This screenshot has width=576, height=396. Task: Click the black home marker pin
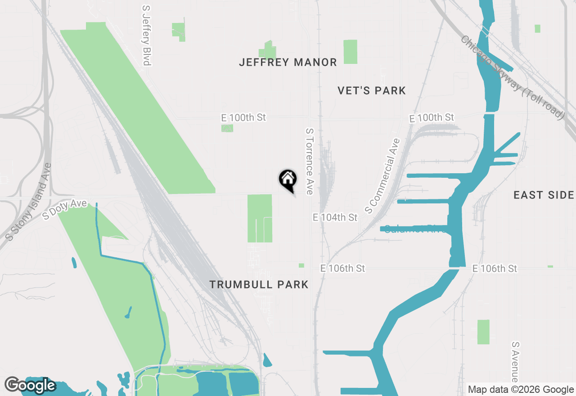pyautogui.click(x=288, y=180)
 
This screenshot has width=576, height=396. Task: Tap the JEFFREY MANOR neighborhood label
pyautogui.click(x=288, y=62)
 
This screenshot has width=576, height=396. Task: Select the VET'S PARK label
pyautogui.click(x=372, y=90)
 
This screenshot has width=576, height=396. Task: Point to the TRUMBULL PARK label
pyautogui.click(x=259, y=284)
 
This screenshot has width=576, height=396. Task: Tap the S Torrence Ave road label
pyautogui.click(x=309, y=161)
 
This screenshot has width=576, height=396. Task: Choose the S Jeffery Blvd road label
pyautogui.click(x=146, y=35)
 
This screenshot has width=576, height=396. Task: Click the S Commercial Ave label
pyautogui.click(x=382, y=175)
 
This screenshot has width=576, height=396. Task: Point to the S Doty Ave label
pyautogui.click(x=64, y=210)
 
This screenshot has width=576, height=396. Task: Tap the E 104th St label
pyautogui.click(x=335, y=217)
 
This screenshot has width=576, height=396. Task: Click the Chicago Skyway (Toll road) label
pyautogui.click(x=512, y=77)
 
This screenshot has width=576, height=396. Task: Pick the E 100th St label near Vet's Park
pyautogui.click(x=431, y=118)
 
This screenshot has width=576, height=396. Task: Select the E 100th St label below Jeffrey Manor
pyautogui.click(x=243, y=117)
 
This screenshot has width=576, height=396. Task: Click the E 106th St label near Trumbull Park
pyautogui.click(x=342, y=268)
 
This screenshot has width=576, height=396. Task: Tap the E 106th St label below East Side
pyautogui.click(x=495, y=269)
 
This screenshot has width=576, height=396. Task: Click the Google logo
pyautogui.click(x=30, y=385)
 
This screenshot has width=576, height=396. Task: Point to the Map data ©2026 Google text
pyautogui.click(x=521, y=390)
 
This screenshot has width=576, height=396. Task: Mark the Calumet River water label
pyautogui.click(x=414, y=229)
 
